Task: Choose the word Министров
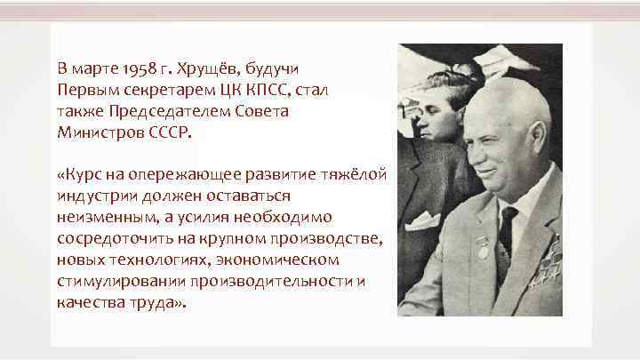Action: coord(97,132)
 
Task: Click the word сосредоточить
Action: coord(110,239)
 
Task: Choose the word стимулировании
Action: coord(115,281)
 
